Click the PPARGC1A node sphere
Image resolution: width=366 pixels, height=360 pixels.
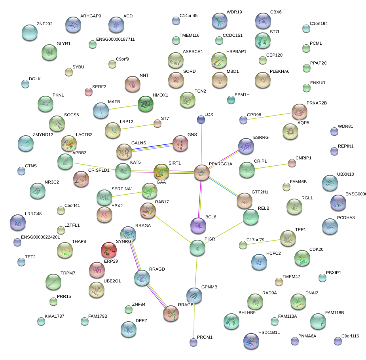[x=202, y=173]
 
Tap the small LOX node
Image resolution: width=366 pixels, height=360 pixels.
[x=201, y=119]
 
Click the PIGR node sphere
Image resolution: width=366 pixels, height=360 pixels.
[x=197, y=248]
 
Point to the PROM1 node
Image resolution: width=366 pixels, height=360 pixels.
[x=193, y=342]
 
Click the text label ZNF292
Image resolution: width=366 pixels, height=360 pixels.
[x=44, y=24]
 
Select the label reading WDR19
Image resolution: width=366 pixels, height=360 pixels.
[x=234, y=12]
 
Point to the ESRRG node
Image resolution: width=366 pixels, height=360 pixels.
[x=246, y=146]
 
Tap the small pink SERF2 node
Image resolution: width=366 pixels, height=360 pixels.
[x=89, y=92]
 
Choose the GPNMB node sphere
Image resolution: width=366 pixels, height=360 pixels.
[x=194, y=295]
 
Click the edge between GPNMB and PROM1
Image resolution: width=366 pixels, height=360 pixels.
[x=194, y=320]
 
